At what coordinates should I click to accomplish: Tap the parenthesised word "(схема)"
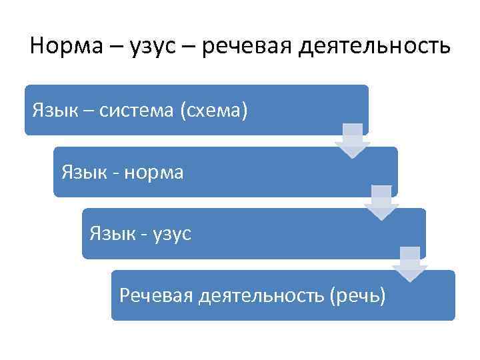click(212, 110)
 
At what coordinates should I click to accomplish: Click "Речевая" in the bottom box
click(155, 295)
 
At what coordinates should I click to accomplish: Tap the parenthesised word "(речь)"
click(357, 295)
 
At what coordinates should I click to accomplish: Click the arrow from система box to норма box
click(353, 141)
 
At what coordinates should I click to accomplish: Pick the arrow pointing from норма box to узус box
click(381, 203)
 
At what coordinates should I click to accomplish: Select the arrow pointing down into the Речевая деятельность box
click(409, 264)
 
